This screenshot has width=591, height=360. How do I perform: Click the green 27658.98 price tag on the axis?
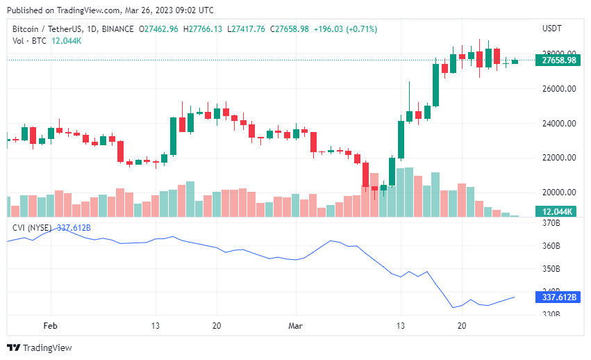click(x=558, y=60)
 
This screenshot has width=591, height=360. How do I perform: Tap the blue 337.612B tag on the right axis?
click(x=558, y=297)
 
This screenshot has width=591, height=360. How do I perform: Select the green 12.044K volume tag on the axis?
click(x=558, y=212)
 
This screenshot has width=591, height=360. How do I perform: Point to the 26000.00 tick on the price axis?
click(x=559, y=89)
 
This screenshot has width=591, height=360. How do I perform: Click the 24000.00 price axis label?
click(x=559, y=124)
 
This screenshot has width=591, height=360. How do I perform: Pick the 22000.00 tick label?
click(x=559, y=158)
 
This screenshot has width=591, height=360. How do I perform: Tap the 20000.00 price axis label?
click(x=559, y=193)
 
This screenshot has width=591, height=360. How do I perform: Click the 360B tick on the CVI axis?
click(x=551, y=246)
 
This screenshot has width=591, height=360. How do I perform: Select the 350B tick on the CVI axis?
click(x=551, y=269)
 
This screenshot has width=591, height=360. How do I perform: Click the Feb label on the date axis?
click(x=51, y=326)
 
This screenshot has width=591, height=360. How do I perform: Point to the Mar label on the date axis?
click(x=295, y=326)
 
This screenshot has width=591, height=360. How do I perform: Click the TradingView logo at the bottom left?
click(x=40, y=347)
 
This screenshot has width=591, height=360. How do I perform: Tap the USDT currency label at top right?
click(x=552, y=28)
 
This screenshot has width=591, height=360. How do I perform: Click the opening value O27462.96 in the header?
click(x=158, y=29)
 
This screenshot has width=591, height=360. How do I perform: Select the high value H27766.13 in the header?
click(x=203, y=29)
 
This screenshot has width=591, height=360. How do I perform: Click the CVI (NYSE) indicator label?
click(x=32, y=228)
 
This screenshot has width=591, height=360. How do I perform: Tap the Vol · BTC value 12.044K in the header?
click(x=67, y=41)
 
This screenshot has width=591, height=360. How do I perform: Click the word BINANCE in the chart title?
click(x=117, y=29)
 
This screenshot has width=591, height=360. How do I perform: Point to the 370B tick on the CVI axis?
click(x=551, y=223)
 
